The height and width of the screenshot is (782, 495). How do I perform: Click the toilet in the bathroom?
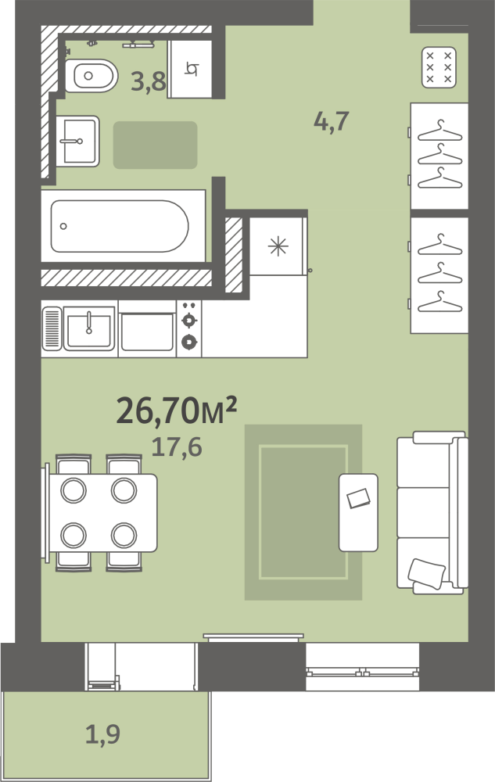click(x=91, y=76)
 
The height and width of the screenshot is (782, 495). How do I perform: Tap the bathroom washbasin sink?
click(x=77, y=141)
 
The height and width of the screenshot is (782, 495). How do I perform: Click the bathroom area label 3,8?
click(x=148, y=81)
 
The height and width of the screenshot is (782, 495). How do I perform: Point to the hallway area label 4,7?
click(x=332, y=121)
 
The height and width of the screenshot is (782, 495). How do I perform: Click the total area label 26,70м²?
click(x=177, y=411)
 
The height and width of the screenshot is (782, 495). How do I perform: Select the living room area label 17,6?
click(x=177, y=447)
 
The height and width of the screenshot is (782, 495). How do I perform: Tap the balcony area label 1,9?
click(x=102, y=734)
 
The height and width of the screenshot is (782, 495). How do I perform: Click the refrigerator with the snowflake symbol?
click(x=278, y=246)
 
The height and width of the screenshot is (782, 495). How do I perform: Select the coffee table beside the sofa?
click(x=358, y=512)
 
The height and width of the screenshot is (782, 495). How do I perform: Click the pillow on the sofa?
click(x=426, y=573)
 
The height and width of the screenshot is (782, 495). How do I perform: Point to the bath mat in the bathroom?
click(x=155, y=145)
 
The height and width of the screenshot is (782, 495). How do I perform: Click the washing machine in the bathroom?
click(x=190, y=69)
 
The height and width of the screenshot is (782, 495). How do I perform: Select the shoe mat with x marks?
click(x=439, y=67)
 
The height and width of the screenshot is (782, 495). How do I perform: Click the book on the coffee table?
click(x=358, y=497)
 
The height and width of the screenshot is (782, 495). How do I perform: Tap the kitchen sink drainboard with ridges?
click(x=52, y=328)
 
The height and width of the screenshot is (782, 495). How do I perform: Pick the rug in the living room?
click(x=303, y=511)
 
